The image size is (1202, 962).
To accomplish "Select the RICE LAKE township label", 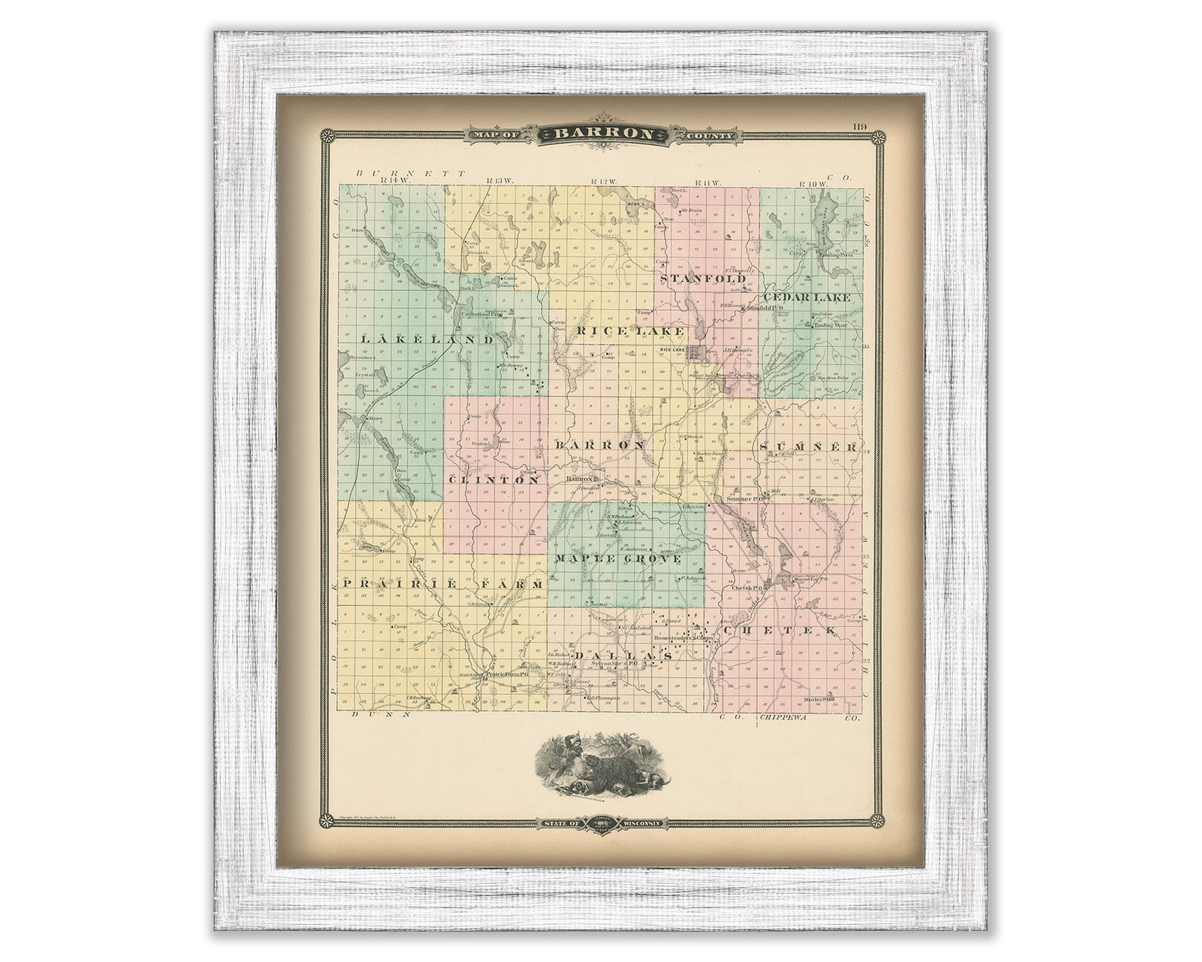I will pyautogui.click(x=630, y=331).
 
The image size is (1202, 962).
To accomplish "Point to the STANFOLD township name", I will pyautogui.click(x=704, y=279).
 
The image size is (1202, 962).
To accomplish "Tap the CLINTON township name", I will pyautogui.click(x=494, y=480).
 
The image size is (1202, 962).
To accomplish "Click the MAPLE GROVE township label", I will pyautogui.click(x=618, y=558).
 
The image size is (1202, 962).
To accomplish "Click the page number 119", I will pyautogui.click(x=858, y=126).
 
